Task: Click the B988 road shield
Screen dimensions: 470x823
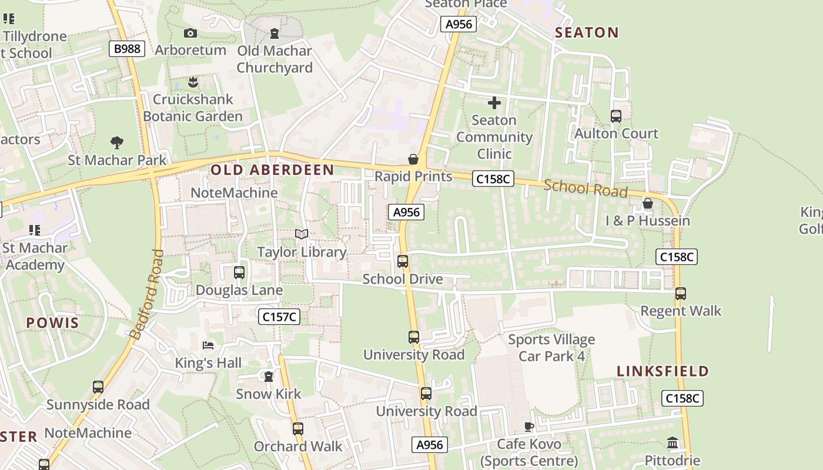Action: click(127, 49)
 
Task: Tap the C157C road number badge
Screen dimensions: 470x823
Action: click(279, 317)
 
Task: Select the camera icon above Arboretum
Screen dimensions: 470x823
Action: click(190, 33)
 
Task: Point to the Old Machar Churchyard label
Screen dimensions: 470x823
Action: click(275, 59)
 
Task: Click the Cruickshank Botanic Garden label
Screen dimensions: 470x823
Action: click(193, 108)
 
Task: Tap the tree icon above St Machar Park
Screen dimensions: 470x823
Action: click(117, 142)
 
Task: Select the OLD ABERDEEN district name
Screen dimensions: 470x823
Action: click(272, 170)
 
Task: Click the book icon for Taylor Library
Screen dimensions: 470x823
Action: click(302, 234)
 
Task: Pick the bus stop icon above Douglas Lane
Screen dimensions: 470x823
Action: click(239, 273)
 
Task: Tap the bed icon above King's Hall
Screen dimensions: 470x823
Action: click(208, 345)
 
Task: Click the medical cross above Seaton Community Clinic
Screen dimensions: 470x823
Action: click(494, 103)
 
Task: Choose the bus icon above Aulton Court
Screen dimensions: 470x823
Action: click(616, 116)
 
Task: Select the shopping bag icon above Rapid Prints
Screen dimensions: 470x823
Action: click(413, 159)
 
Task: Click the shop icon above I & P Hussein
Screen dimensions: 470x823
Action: click(648, 204)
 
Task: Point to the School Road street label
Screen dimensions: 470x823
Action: click(586, 188)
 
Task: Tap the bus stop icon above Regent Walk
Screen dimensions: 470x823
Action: click(681, 293)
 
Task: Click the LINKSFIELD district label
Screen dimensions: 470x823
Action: click(663, 371)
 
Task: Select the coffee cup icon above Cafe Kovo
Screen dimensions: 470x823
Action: click(529, 427)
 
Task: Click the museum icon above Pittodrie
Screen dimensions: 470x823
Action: click(673, 442)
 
